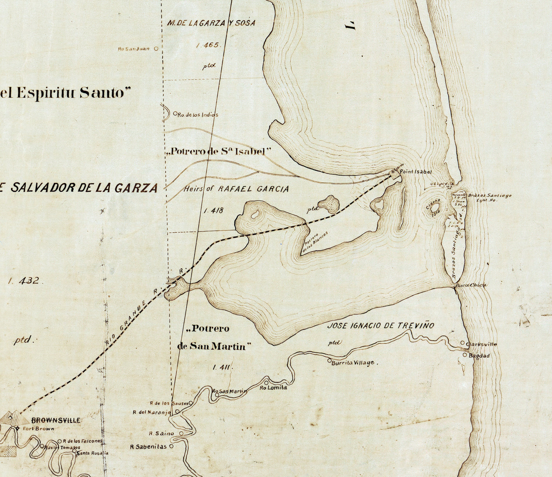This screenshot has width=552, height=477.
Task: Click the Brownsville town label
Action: pos(56,420)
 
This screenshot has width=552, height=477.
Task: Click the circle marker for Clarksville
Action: pos(463,343)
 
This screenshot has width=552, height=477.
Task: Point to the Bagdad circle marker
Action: pos(465,355)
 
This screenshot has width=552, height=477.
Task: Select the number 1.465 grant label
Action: pos(208,45)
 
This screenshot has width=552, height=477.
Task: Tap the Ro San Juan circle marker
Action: pos(156,48)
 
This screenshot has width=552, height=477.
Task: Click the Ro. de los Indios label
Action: pos(198,115)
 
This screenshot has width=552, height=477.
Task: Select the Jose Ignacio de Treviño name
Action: pos(381,325)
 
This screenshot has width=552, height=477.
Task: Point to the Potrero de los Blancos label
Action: pos(315,242)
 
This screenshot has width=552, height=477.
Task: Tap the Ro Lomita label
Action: pos(273,388)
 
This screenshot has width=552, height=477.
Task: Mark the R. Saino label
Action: pos(162,434)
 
